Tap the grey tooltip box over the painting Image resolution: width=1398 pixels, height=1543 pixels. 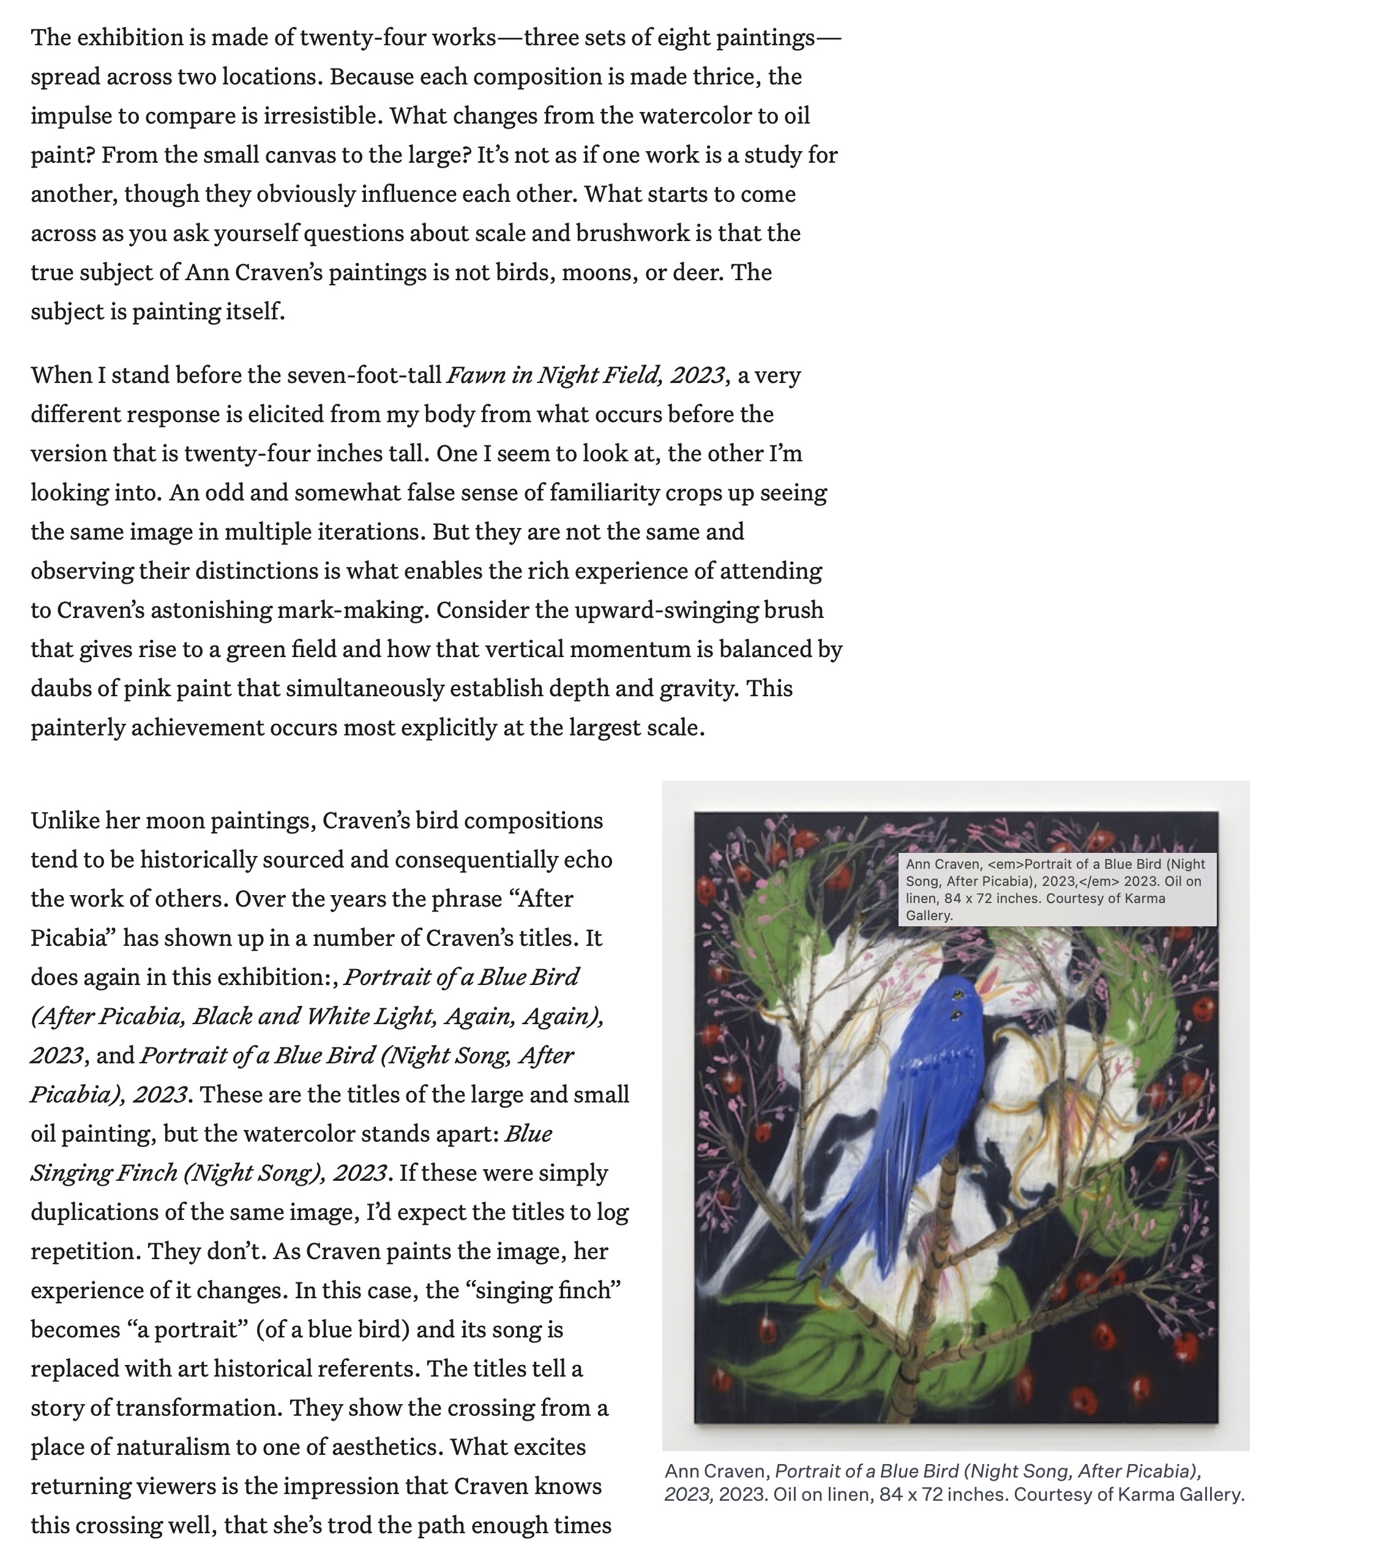pyautogui.click(x=1056, y=890)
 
